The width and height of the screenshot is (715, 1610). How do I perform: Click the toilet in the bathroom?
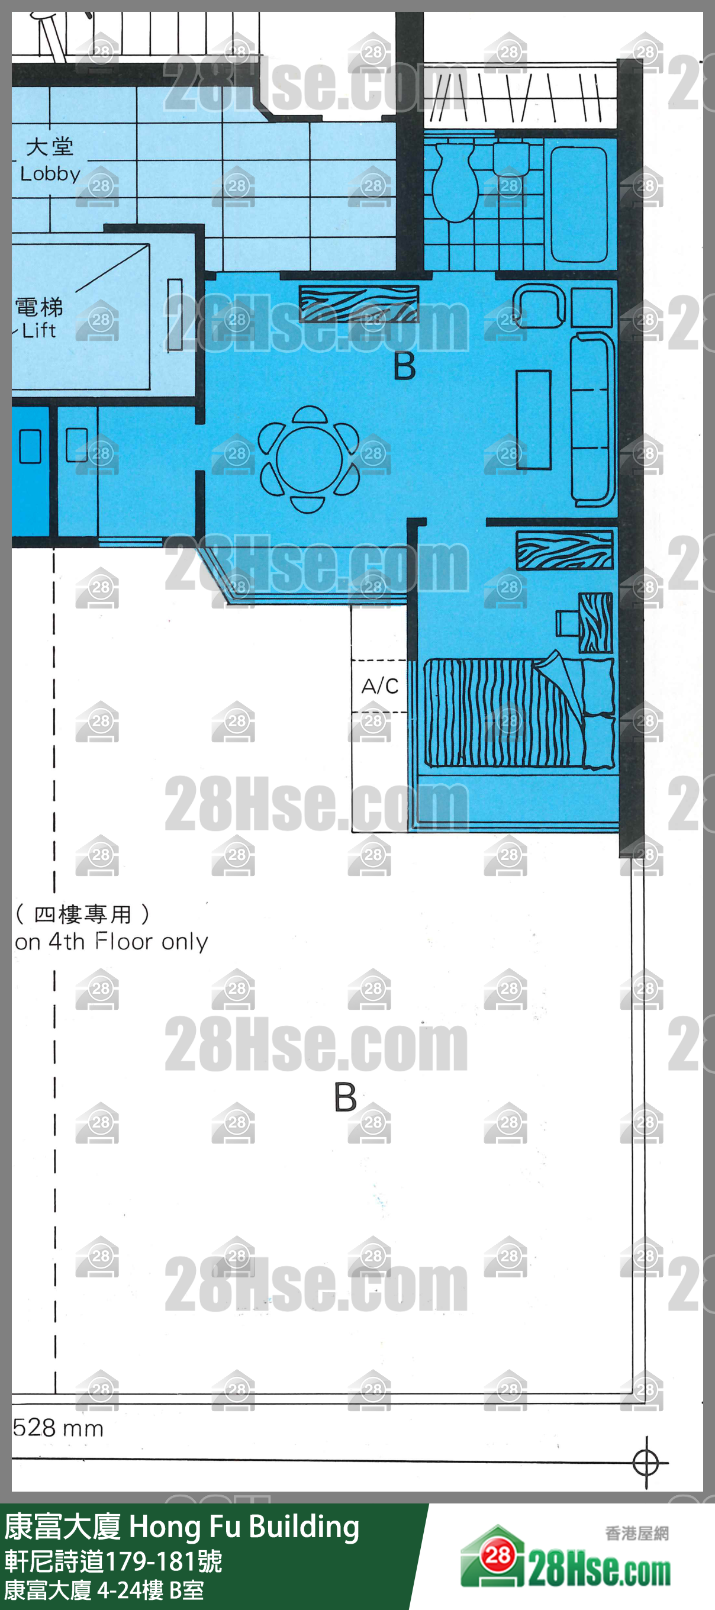(x=456, y=182)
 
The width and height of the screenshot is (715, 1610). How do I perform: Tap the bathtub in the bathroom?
(x=578, y=204)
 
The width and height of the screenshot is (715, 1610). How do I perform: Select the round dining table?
(x=309, y=459)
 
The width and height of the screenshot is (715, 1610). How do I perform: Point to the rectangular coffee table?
(x=533, y=420)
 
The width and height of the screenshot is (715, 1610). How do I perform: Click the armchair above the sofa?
(x=539, y=305)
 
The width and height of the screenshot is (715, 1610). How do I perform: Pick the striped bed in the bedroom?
(x=518, y=713)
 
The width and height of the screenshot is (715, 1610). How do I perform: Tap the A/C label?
(x=379, y=686)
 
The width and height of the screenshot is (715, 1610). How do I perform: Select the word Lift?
(x=38, y=330)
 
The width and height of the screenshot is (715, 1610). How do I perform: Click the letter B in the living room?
(x=404, y=366)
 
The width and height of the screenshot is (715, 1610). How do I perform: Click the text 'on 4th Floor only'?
(x=111, y=941)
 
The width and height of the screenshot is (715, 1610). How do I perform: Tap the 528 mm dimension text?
(x=58, y=1428)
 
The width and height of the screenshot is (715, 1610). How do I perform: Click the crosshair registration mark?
(x=646, y=1463)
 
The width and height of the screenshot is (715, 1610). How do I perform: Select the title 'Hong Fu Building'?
(x=244, y=1527)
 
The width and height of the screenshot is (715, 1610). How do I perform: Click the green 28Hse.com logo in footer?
(x=566, y=1566)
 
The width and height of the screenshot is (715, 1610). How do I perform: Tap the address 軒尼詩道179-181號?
(x=113, y=1561)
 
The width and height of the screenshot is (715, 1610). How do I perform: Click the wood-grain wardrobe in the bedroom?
(x=565, y=549)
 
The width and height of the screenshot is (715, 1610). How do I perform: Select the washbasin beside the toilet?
(x=511, y=159)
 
